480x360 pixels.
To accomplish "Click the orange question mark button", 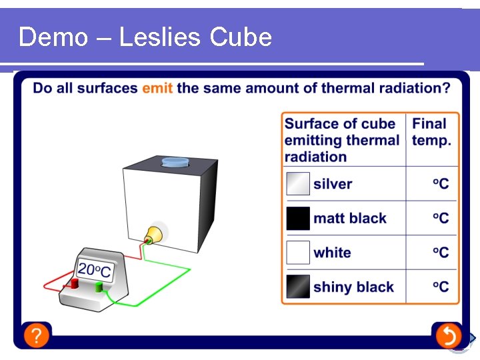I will [x=37, y=335].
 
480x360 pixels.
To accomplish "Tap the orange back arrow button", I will [x=449, y=335].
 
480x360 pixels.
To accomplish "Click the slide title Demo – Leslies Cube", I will [x=145, y=37].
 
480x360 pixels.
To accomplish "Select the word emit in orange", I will [x=157, y=88].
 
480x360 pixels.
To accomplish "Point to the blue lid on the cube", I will [x=175, y=162].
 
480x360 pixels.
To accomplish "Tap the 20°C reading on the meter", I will [x=95, y=270].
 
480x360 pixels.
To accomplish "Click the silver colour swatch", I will [x=298, y=184].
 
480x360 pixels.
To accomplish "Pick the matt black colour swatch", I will [x=298, y=218].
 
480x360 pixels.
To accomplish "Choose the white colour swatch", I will [x=298, y=253].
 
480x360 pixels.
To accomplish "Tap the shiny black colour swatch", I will [x=298, y=287].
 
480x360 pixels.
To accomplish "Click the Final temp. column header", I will [x=431, y=132].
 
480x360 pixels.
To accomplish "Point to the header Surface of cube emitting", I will [x=342, y=140].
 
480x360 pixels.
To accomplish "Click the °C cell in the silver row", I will [x=441, y=184].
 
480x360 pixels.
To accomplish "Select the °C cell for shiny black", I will [x=441, y=287].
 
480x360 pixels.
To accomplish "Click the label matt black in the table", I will [x=350, y=218].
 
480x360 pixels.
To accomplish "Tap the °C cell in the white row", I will [x=441, y=253].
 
